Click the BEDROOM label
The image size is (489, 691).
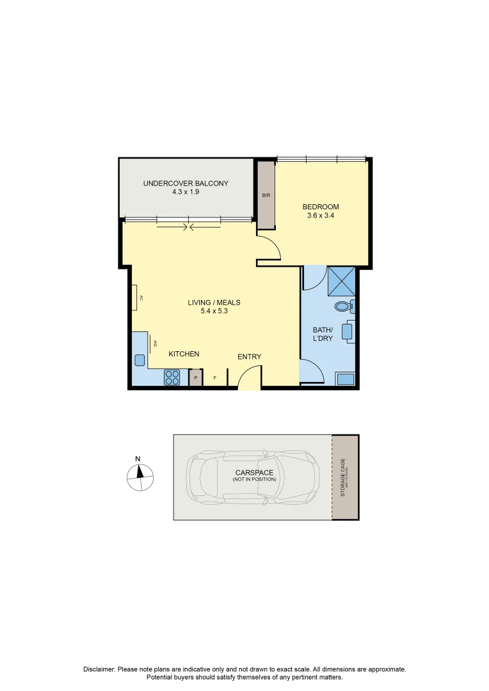click(321, 207)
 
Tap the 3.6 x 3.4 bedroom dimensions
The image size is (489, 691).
click(321, 216)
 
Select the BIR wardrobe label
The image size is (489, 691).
click(266, 196)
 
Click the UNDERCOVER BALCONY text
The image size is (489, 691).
click(186, 184)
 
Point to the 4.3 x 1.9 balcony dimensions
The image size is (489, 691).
click(186, 192)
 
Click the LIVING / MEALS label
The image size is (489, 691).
click(214, 303)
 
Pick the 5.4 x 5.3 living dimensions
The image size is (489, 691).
click(214, 312)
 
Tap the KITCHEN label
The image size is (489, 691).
click(184, 354)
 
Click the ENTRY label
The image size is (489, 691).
click(249, 356)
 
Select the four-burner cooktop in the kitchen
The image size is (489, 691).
click(172, 377)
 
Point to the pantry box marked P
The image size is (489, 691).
click(196, 378)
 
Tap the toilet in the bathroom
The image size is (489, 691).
click(344, 306)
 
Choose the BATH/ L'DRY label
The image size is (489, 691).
click(323, 334)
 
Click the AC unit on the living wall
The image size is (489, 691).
click(136, 298)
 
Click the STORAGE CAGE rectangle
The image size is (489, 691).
click(346, 477)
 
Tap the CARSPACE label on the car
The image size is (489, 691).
click(254, 473)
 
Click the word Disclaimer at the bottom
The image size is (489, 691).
click(99, 669)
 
